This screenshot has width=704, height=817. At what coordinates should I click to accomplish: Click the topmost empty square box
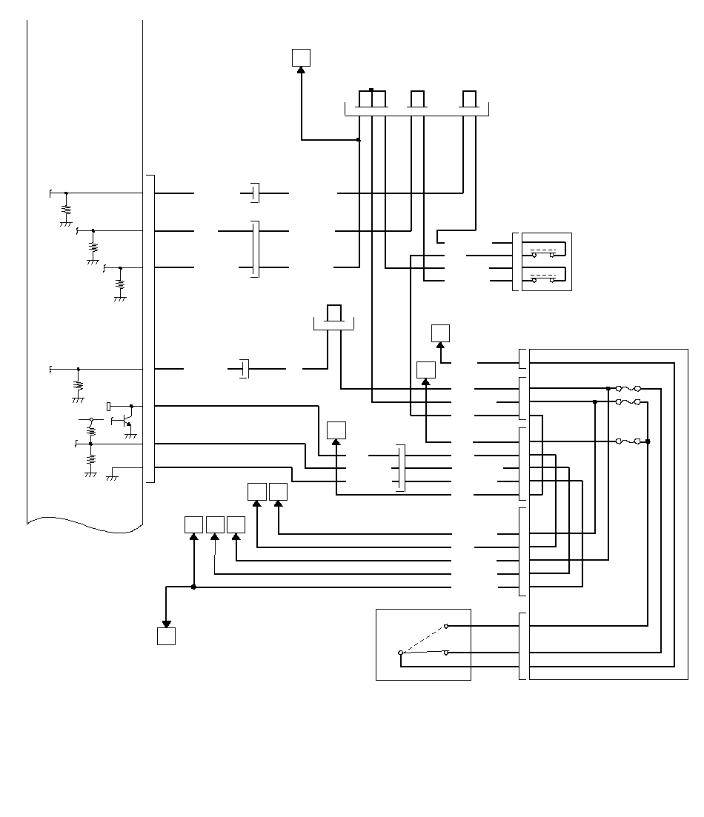[x=301, y=57]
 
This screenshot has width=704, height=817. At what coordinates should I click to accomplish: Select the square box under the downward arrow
[x=167, y=636]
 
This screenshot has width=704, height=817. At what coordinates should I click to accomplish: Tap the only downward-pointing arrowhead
[x=167, y=624]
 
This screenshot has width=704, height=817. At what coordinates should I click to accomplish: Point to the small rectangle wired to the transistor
[x=110, y=406]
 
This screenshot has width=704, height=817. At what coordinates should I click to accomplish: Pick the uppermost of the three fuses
[x=628, y=388]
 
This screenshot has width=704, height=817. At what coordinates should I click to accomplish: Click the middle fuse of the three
[x=628, y=401]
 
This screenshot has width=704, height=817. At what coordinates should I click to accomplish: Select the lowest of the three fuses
[x=628, y=441]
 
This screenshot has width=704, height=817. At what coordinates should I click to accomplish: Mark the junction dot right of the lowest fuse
[x=648, y=441]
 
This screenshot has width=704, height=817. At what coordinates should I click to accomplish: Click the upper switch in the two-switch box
[x=543, y=253]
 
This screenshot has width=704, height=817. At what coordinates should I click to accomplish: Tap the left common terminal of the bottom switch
[x=401, y=653]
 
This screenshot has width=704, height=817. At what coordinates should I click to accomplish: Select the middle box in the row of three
[x=215, y=524]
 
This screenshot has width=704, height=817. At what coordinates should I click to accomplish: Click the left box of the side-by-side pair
[x=256, y=491]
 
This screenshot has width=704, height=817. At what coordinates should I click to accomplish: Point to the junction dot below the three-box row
[x=193, y=587]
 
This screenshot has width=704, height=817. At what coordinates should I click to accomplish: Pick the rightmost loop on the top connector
[x=469, y=99]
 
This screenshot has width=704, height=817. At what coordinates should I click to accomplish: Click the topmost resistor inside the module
[x=66, y=209]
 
